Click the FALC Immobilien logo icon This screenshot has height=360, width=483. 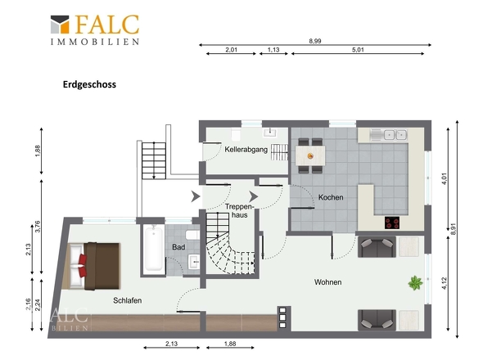coord(60,24)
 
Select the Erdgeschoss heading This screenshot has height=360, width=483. coord(89,85)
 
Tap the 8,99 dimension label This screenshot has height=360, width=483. coord(315,41)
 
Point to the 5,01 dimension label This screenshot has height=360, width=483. coord(358,50)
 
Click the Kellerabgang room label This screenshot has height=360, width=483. coord(246,150)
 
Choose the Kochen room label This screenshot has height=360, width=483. coord(331,197)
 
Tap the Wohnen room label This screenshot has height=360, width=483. coord(327,282)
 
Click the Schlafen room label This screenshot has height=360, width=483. coord(127,300)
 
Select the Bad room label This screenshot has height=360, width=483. coord(178,247)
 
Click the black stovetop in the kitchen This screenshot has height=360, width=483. coord(392,223)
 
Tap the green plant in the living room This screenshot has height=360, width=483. coord(415,283)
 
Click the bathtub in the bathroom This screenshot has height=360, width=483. coord(153,249)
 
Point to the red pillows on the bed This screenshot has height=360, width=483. coord(82,266)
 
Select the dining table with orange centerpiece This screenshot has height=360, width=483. coord(310,155)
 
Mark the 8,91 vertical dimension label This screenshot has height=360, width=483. coord(453,229)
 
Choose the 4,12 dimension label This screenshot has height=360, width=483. coord(444,284)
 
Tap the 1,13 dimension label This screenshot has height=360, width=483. coord(273,50)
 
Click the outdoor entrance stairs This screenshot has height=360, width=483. coord(154,160)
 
